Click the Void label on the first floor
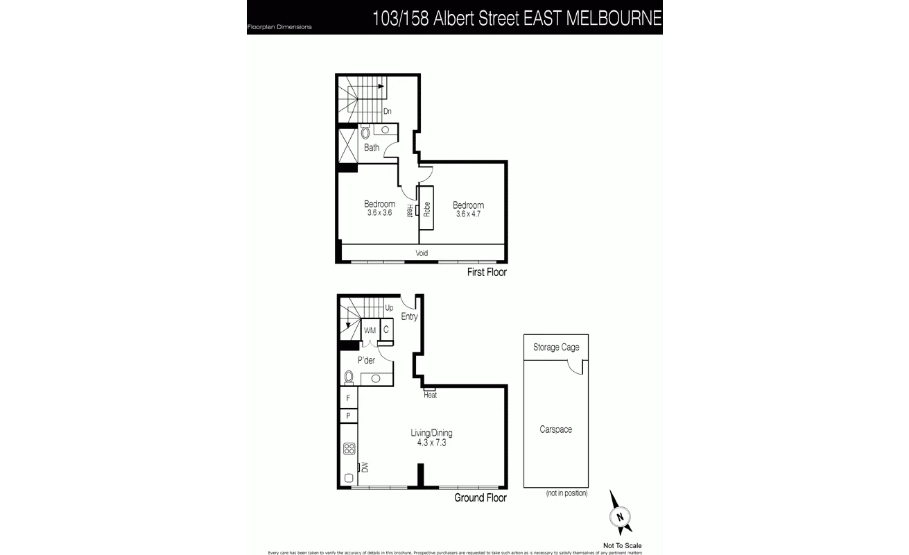coord(422,253)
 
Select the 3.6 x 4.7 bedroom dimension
coord(468,214)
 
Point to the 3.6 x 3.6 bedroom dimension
coord(380,213)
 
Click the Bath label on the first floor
coord(372,148)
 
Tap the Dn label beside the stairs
coord(388,111)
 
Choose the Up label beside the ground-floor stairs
coord(389,308)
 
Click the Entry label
coord(409,317)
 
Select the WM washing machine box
coord(370,331)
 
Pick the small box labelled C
coord(386,330)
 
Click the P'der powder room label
coord(366,360)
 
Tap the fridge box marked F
coord(348,398)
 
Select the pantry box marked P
coord(348,416)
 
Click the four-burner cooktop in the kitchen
coord(349,448)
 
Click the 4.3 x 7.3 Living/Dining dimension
coord(431,443)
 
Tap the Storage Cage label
coord(556,348)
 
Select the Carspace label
coord(556,429)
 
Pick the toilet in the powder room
coord(349,377)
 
